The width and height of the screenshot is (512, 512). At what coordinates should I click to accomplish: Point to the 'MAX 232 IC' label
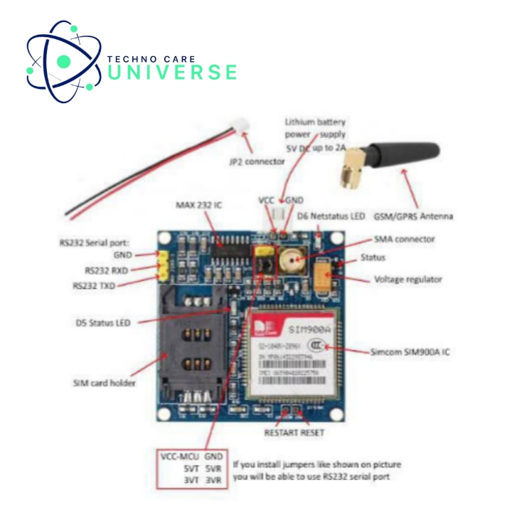[x=198, y=205]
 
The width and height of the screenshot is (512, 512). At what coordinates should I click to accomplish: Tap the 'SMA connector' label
[x=404, y=239]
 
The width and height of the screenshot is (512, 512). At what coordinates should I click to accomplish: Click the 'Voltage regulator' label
[x=408, y=279]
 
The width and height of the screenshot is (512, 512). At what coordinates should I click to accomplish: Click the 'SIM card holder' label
[x=104, y=383]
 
